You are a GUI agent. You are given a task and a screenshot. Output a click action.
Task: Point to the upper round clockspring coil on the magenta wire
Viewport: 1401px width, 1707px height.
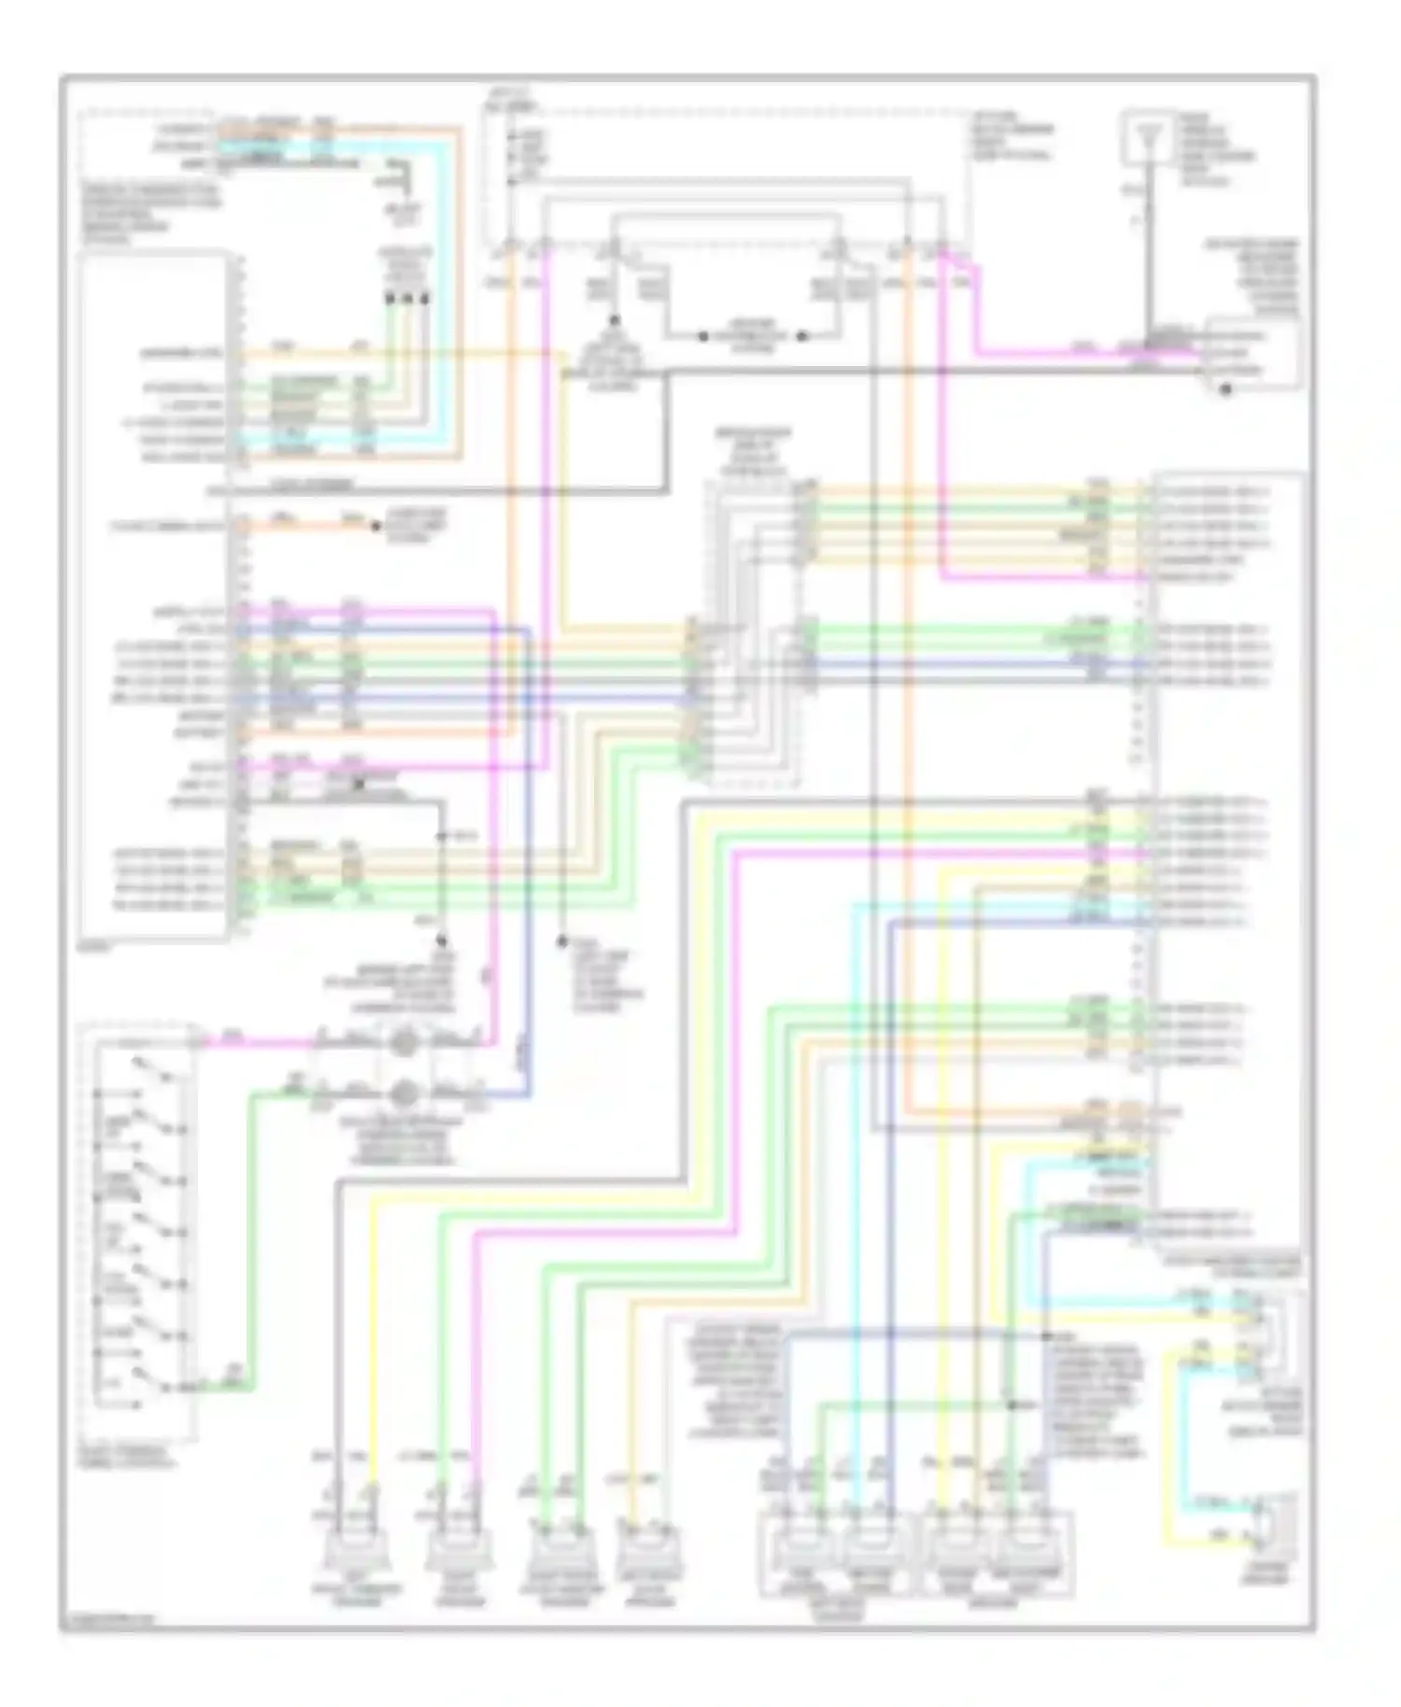pyautogui.click(x=403, y=1042)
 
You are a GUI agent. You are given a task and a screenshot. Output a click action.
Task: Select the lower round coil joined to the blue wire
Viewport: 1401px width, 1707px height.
pyautogui.click(x=403, y=1092)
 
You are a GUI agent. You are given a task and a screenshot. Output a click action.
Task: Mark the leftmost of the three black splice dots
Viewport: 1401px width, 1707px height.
pyautogui.click(x=389, y=300)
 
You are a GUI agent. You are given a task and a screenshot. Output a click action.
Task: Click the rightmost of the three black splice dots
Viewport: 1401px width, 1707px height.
pyautogui.click(x=426, y=300)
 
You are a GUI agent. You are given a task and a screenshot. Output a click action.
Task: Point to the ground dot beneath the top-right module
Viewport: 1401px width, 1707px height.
pyautogui.click(x=1226, y=390)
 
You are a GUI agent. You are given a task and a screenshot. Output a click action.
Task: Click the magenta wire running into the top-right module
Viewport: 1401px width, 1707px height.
pyautogui.click(x=1074, y=353)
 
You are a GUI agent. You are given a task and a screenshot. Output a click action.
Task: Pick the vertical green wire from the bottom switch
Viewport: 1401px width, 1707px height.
pyautogui.click(x=249, y=1242)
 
